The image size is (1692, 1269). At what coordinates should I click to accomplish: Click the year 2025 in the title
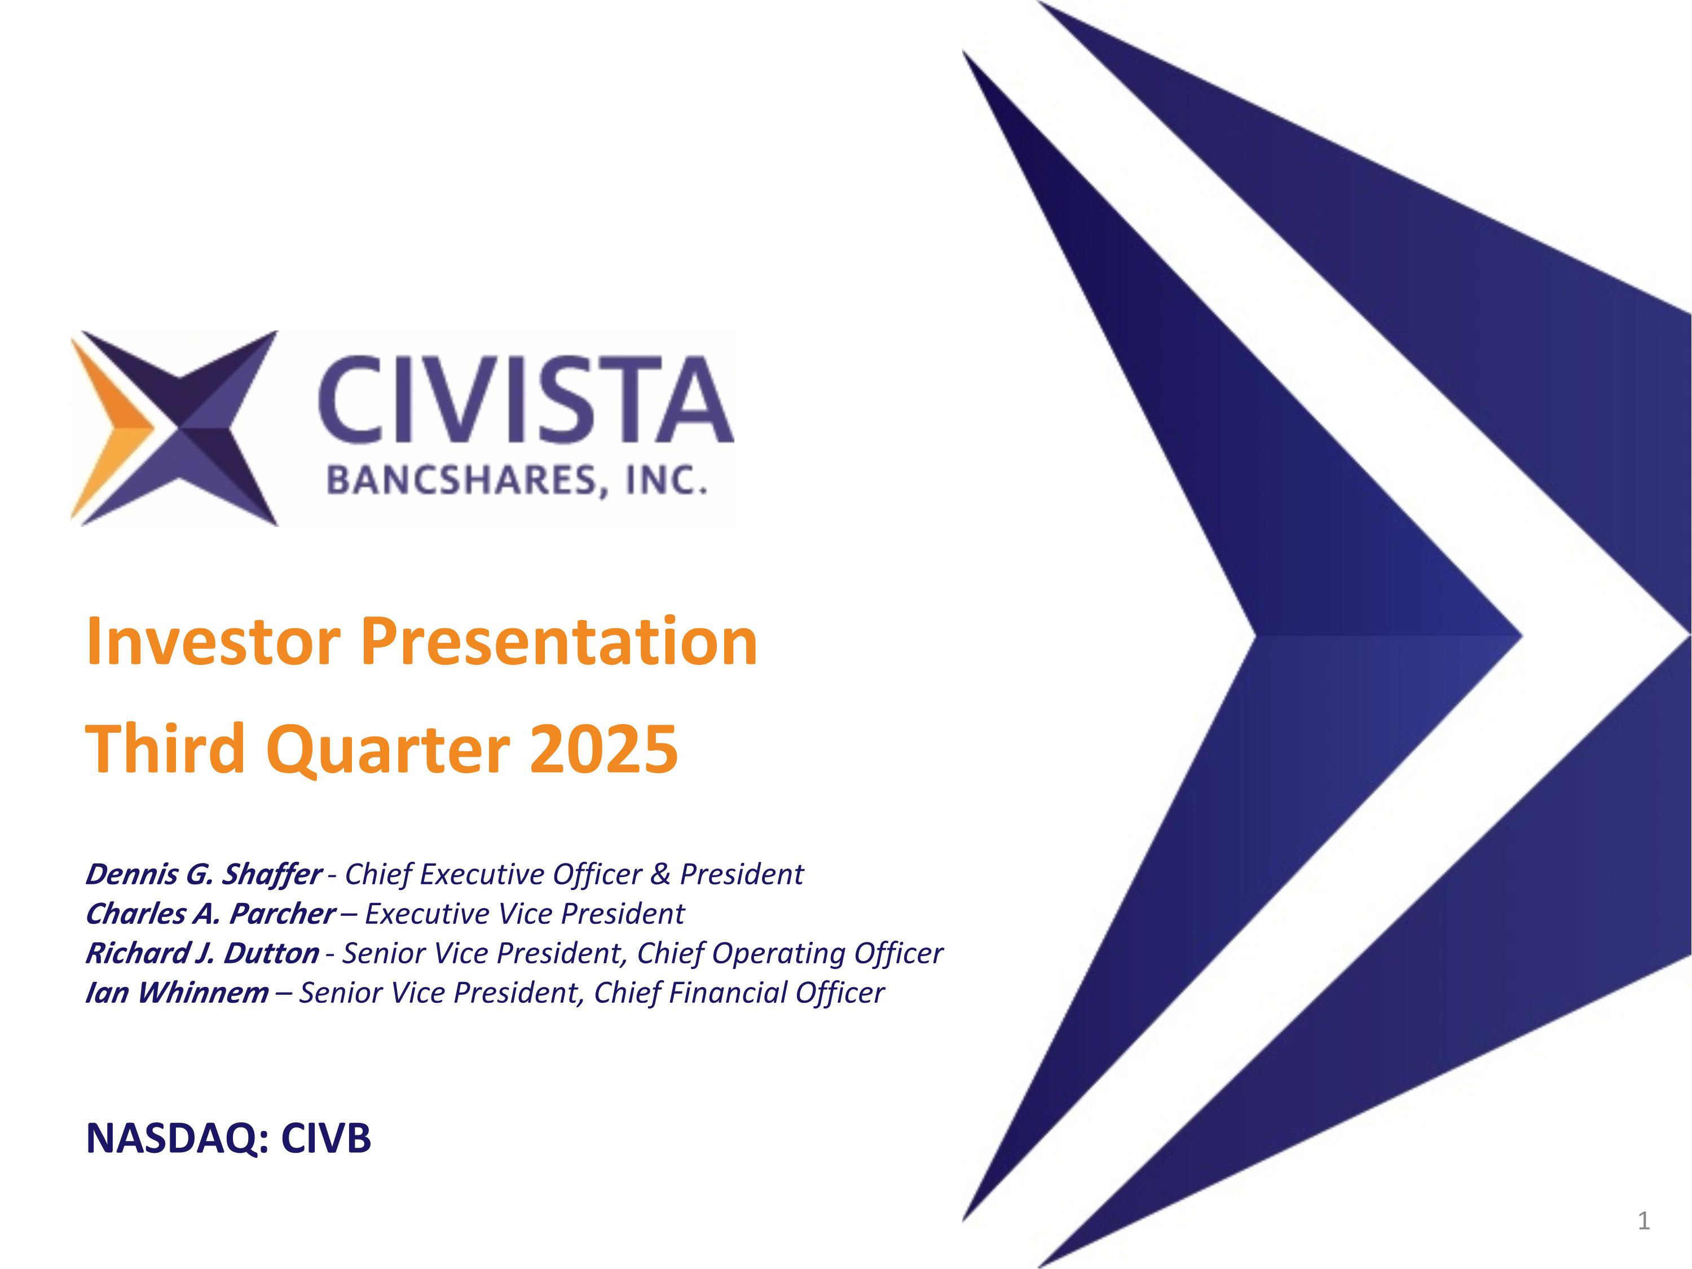pos(603,748)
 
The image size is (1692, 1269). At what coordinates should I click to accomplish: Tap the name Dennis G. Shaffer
pos(202,874)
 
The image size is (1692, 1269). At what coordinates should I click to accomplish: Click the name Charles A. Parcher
pos(210,914)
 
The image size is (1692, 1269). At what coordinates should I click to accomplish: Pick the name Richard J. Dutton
pos(202,954)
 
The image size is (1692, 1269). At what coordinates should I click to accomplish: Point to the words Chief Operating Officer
pos(790,954)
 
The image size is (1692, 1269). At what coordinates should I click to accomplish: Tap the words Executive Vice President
pos(525,914)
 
